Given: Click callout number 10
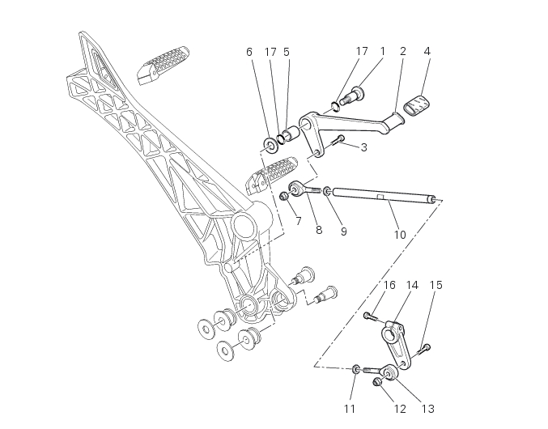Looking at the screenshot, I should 400,235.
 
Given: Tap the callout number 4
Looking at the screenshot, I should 427,51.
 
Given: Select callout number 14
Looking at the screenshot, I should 412,285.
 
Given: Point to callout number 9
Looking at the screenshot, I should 343,231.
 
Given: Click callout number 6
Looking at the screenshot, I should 249,52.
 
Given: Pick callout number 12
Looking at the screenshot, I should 400,409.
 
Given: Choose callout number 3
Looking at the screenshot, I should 363,147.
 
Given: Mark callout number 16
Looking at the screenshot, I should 389,285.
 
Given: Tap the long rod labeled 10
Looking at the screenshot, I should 380,195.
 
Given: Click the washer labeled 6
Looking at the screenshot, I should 267,145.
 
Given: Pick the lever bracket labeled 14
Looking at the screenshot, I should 397,344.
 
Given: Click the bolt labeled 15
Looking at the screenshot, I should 424,350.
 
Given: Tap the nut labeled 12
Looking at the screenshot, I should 377,382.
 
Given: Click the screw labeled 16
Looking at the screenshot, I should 371,316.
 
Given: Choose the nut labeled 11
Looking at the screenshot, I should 357,370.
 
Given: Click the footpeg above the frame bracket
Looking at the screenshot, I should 166,63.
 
